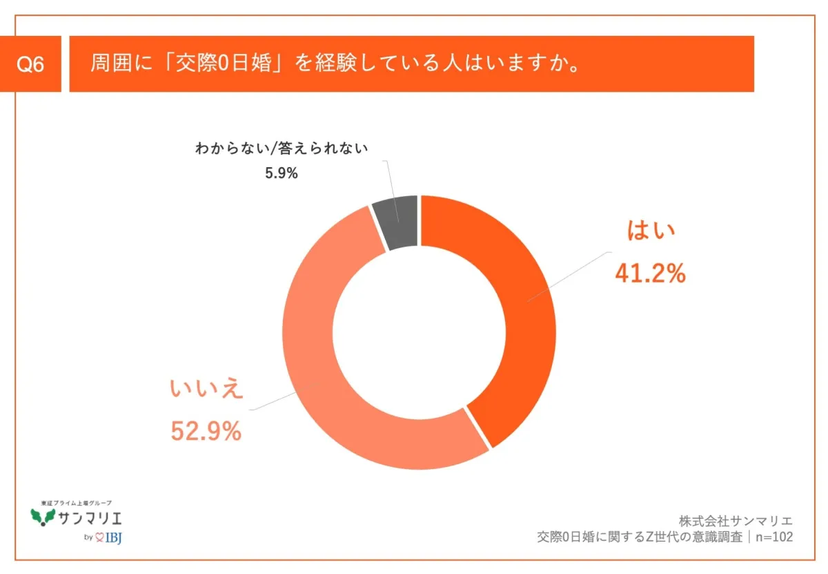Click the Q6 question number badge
[30, 64]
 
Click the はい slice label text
[649, 231]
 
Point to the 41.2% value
[649, 274]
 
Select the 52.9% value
[206, 431]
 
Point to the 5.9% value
[282, 173]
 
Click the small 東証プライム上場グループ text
[76, 502]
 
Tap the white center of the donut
[419, 332]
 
